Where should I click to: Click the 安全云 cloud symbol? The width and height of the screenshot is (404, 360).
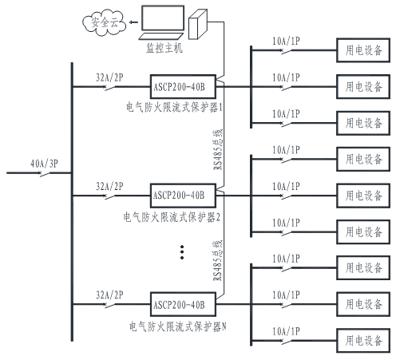click(x=104, y=22)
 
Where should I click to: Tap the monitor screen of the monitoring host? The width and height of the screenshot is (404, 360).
click(x=163, y=18)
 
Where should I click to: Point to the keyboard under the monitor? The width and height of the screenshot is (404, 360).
click(x=161, y=37)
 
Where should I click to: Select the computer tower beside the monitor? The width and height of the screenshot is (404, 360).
click(x=198, y=25)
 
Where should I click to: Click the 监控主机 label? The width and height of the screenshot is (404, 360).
click(x=164, y=48)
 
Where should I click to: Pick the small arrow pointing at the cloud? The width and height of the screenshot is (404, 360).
click(x=133, y=22)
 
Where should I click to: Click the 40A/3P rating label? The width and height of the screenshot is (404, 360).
click(x=44, y=164)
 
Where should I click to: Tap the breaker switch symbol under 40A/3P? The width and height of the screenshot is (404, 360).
click(x=45, y=174)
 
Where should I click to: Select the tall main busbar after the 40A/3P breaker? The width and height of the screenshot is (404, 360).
click(x=72, y=202)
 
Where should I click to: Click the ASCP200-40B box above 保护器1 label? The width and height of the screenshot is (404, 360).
click(x=183, y=87)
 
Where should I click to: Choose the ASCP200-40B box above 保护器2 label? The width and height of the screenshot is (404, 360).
click(x=183, y=196)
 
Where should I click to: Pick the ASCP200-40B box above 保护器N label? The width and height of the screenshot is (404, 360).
click(x=183, y=304)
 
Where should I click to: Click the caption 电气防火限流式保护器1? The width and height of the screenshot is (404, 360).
click(x=174, y=107)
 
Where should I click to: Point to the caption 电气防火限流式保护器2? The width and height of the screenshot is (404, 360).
click(x=172, y=217)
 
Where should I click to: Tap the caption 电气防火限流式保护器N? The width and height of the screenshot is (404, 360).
click(x=178, y=326)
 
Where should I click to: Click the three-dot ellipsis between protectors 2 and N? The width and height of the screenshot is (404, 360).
click(x=182, y=252)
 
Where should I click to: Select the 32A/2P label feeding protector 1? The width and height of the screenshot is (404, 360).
click(x=109, y=77)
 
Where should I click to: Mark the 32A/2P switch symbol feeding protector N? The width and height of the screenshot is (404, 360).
click(x=109, y=305)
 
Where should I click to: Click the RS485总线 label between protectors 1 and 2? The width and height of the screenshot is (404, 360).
click(x=218, y=149)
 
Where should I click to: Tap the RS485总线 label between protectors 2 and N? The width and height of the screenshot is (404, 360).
click(x=218, y=260)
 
